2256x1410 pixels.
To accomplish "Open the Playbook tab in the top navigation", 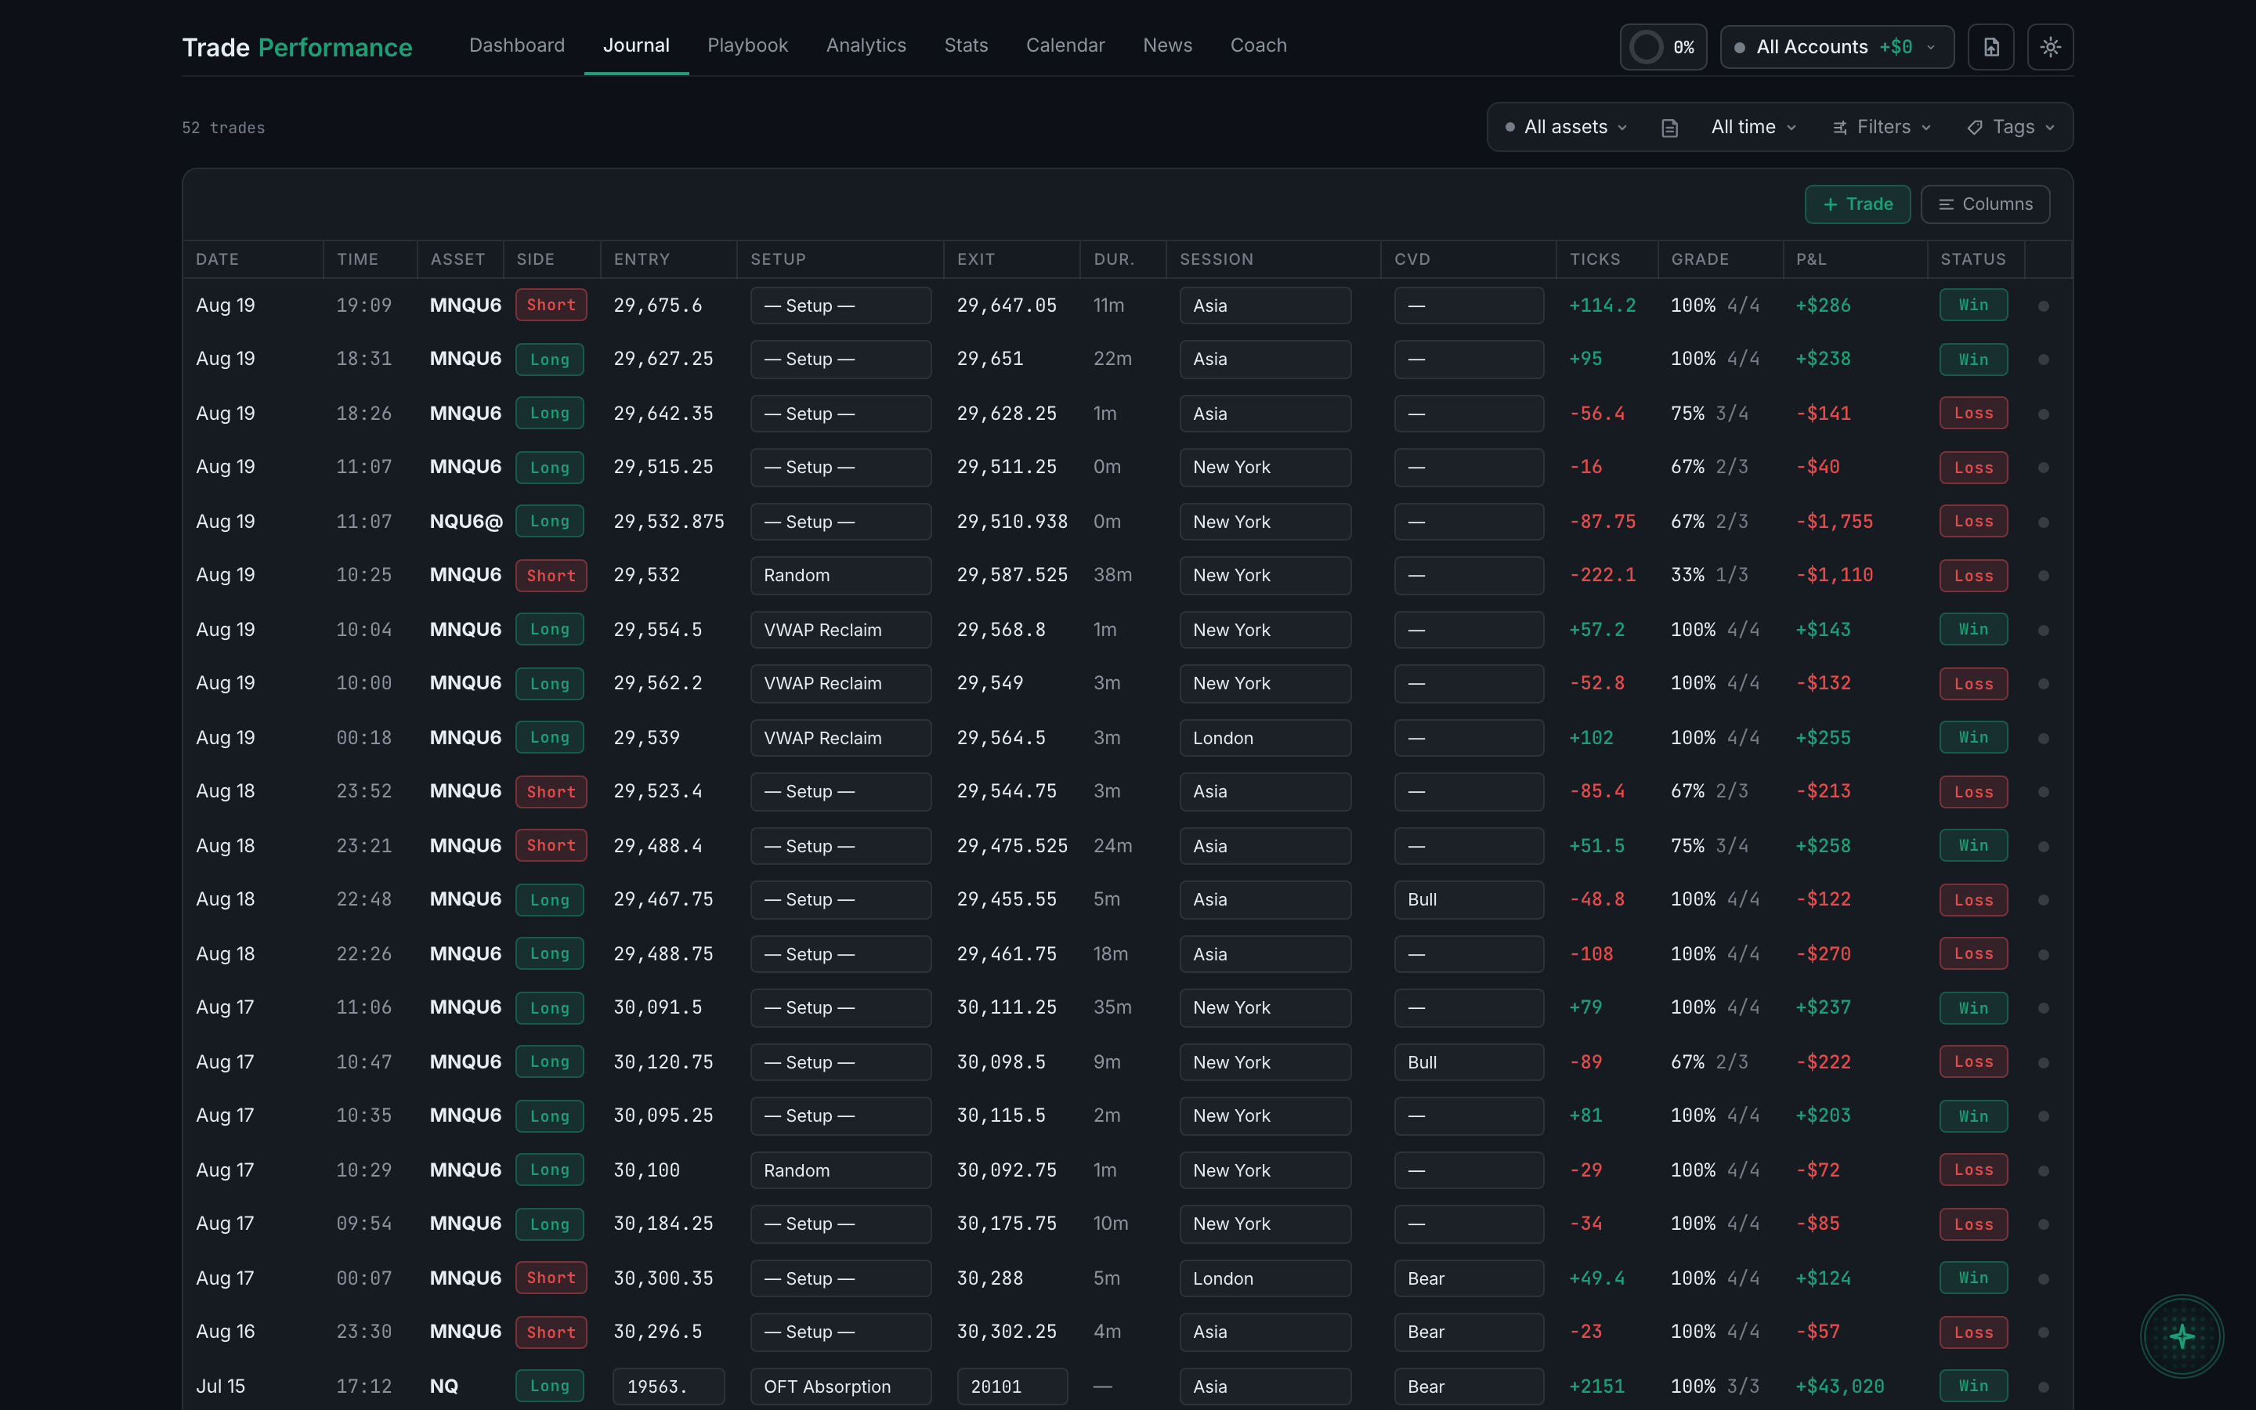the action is click(747, 45).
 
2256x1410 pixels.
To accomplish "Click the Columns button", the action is click(1985, 204).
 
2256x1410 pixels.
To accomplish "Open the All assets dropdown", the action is click(1567, 127).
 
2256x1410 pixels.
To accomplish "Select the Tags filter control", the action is click(2010, 127).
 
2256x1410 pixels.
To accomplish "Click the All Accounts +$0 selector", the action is click(1836, 47).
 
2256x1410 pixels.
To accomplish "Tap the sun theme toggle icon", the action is click(2050, 47).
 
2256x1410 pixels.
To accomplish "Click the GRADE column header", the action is click(1700, 259).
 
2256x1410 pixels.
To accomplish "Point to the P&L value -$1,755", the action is click(1834, 521).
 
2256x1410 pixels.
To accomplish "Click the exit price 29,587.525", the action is click(1011, 576).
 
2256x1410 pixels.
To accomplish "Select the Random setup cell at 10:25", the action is click(840, 576).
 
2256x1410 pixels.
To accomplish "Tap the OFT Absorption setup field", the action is click(840, 1386).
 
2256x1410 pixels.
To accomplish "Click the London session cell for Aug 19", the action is click(1265, 738).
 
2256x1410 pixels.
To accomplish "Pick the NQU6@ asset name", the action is click(466, 521).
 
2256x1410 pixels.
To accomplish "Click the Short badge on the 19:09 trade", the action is click(551, 305).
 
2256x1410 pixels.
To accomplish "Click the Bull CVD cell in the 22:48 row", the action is click(1468, 900).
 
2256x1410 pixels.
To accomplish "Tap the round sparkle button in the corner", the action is click(2182, 1336).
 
